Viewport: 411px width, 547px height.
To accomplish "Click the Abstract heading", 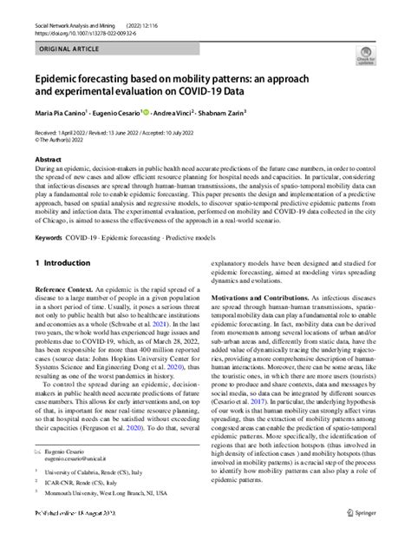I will [x=47, y=160].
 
